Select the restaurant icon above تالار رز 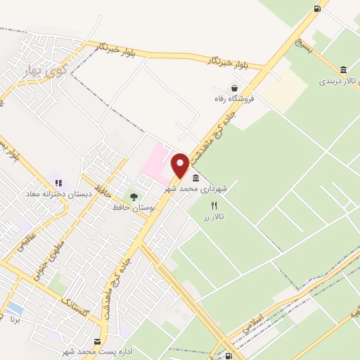[x=214, y=205]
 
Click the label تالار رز [x=213, y=217]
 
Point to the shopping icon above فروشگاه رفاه [x=233, y=88]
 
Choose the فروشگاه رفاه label [x=233, y=99]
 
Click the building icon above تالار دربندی [x=342, y=70]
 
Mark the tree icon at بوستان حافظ [x=134, y=196]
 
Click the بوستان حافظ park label [x=133, y=207]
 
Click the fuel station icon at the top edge [x=318, y=8]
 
